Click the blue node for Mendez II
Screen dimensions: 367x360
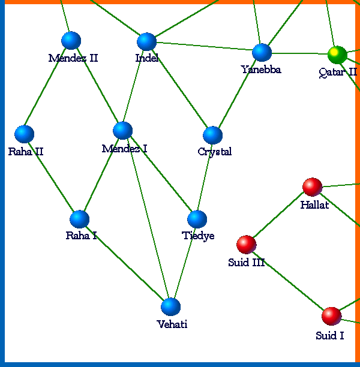71,40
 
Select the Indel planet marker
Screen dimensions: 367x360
146,41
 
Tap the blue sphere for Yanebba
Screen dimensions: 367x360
262,52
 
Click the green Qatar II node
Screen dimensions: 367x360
337,55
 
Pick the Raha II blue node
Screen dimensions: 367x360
24,134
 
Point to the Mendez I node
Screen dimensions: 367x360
122,130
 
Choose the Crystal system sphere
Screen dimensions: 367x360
212,135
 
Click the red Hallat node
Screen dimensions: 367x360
312,186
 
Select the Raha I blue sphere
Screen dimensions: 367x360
79,219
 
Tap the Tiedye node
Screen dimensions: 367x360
197,219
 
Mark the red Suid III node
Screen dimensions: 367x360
246,244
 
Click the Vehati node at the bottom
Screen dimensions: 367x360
170,306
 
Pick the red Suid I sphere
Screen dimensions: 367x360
331,315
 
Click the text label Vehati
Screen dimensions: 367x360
172,324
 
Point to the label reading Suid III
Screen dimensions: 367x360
247,262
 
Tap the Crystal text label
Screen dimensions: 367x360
214,152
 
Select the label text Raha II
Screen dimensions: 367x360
26,151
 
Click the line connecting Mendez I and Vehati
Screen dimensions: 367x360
146,218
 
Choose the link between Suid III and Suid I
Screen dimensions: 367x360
289,280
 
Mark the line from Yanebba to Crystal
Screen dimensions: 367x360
237,94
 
